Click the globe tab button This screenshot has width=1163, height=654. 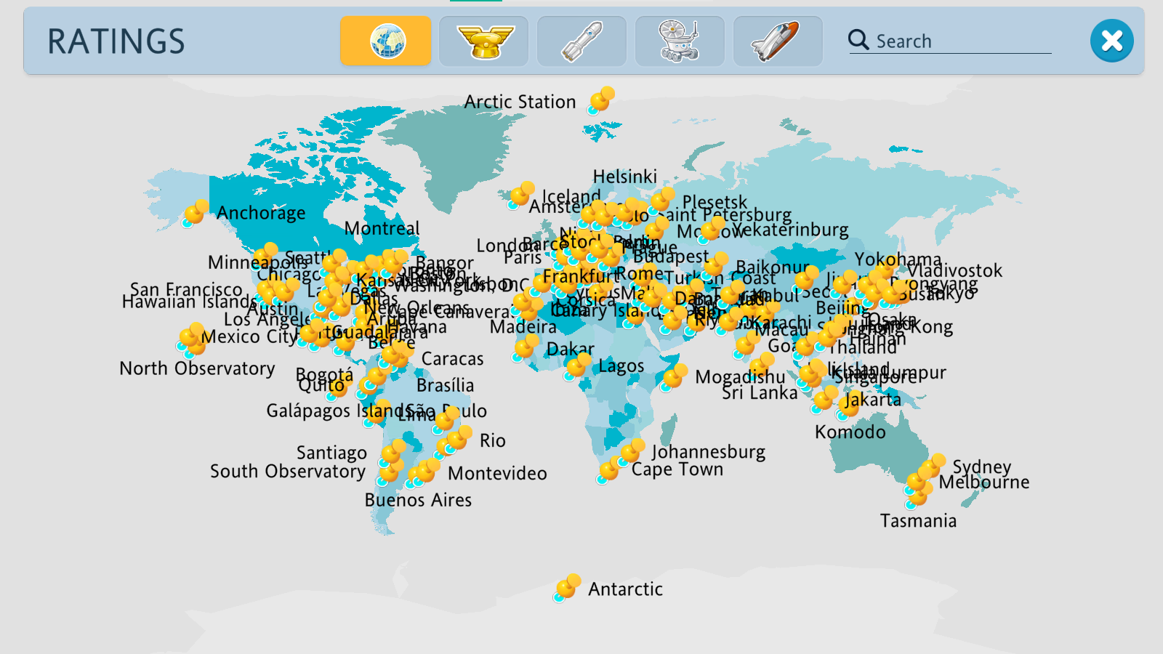(385, 41)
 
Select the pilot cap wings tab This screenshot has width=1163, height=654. (484, 41)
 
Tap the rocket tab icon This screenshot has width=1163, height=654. (581, 41)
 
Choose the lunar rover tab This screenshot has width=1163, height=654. (679, 41)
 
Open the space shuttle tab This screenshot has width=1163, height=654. (777, 41)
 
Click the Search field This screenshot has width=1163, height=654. (959, 41)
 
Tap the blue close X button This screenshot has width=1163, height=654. (1111, 41)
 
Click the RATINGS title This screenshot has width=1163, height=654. (116, 41)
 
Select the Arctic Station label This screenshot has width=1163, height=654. (520, 102)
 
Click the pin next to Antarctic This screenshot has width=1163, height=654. (566, 588)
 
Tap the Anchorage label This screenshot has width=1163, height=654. (261, 213)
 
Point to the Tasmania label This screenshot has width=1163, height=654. (918, 521)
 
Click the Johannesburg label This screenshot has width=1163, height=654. (708, 452)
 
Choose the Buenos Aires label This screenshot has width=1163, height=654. (418, 500)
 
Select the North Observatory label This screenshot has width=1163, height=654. (197, 368)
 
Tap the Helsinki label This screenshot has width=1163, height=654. (624, 177)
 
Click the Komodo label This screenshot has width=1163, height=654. (850, 432)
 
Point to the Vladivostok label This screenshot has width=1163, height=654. (954, 271)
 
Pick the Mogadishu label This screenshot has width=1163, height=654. (740, 377)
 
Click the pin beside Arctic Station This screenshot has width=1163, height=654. (601, 100)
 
